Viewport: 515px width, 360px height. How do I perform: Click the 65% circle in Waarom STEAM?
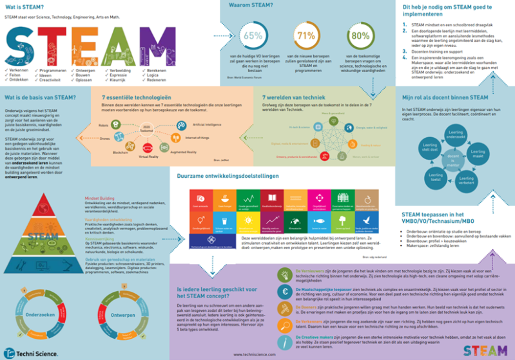pos(253,36)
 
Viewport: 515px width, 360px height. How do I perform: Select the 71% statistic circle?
pos(306,36)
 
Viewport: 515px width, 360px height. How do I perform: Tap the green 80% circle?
pos(361,36)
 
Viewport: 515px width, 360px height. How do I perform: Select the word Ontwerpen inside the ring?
pos(124,316)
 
